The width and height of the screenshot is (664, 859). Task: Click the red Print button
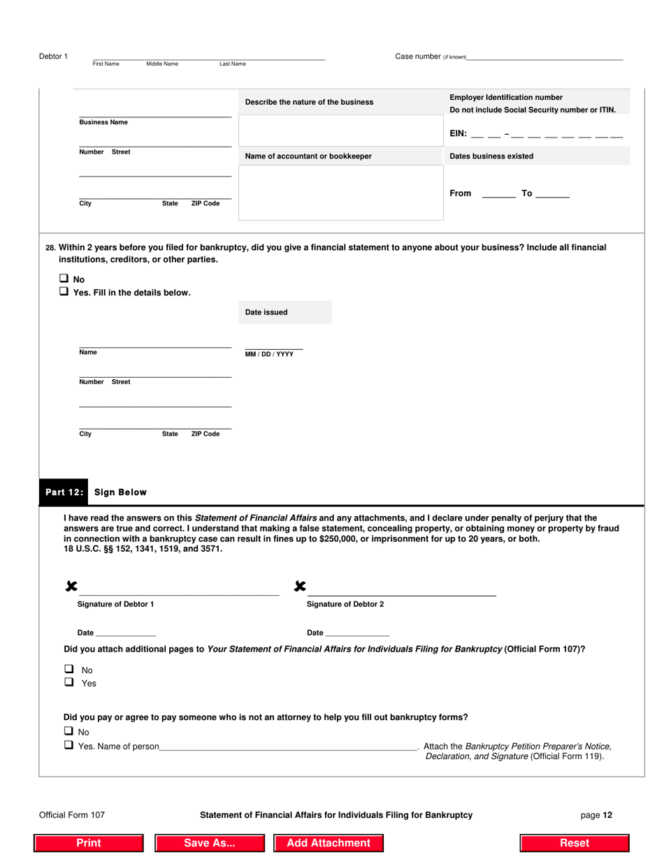[89, 843]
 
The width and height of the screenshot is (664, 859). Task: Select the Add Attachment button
[329, 843]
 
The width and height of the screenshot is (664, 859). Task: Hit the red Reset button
[575, 843]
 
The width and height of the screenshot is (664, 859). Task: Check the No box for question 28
[64, 279]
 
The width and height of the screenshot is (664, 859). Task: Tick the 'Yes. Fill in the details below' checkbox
[64, 293]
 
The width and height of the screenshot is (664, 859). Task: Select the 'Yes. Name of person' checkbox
[68, 745]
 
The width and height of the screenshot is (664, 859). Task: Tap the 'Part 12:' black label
[64, 492]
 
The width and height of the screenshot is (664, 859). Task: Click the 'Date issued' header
[266, 312]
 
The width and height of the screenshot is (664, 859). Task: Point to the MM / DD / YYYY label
[269, 354]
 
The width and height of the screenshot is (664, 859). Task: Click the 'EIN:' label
[458, 133]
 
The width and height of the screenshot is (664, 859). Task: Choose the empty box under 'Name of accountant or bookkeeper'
[341, 192]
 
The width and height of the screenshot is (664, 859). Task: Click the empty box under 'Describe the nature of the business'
[341, 130]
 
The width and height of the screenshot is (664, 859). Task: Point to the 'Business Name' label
[103, 122]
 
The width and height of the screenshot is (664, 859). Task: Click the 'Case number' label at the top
[418, 57]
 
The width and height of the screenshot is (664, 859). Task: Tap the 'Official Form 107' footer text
[72, 814]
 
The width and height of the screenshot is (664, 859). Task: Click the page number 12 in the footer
[598, 814]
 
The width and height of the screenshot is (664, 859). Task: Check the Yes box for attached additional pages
[69, 683]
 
